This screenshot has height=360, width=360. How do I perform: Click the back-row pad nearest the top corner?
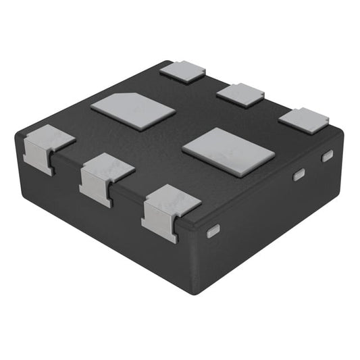coord(182,70)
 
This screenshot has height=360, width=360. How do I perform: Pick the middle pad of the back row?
coord(240,95)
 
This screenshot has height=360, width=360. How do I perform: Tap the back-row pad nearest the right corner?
coord(303,120)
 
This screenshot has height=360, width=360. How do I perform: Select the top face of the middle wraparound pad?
coord(108,167)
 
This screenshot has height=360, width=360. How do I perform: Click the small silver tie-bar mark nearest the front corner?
coord(213,231)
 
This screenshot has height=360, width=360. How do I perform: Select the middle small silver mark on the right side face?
coord(297,176)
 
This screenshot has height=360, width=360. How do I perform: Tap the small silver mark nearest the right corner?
coord(327,157)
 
